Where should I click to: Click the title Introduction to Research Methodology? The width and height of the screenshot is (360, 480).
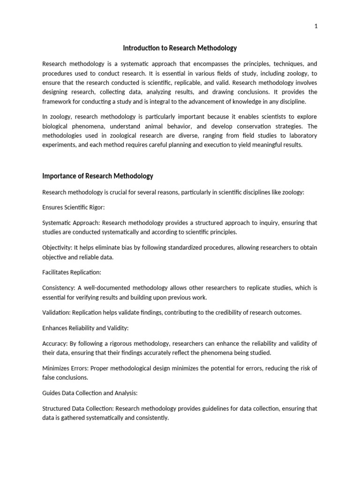tap(180, 48)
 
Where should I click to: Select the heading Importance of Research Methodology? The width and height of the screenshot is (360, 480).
tap(97, 176)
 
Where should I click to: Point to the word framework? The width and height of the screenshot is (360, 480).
tap(58, 102)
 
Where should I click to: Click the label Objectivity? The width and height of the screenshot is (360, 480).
tap(58, 247)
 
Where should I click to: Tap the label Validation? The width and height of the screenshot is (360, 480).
tap(57, 313)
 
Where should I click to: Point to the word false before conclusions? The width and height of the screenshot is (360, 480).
tap(49, 377)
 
